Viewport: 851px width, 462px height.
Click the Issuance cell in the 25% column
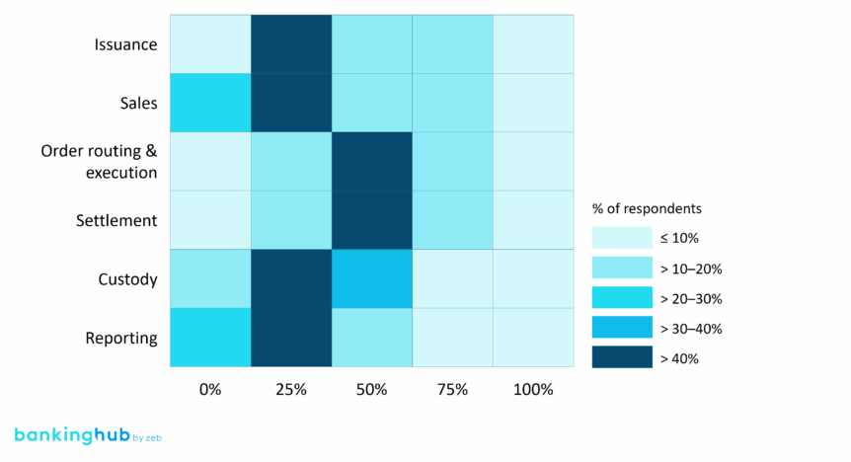coord(291,44)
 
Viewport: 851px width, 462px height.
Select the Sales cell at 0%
coord(210,103)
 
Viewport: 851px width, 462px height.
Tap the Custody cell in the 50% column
coord(371,278)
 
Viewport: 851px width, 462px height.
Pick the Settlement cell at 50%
coord(371,220)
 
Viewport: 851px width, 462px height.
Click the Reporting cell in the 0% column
coord(210,338)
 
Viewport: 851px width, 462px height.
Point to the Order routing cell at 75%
coord(452,161)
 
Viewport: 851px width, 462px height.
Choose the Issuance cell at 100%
coord(533,44)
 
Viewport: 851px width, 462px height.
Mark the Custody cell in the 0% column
coord(210,278)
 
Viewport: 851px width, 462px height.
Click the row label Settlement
coord(116,220)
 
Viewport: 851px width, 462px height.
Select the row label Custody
coord(127,279)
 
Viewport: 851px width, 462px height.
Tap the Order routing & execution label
coord(99,162)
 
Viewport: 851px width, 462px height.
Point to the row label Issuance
coord(125,44)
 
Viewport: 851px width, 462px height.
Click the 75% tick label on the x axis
coord(452,390)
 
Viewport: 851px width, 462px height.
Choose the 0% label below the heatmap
coord(210,390)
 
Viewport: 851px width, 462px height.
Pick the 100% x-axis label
coord(533,390)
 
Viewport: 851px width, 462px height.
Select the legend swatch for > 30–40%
coord(622,328)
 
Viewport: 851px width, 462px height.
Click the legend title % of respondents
coord(646,208)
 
